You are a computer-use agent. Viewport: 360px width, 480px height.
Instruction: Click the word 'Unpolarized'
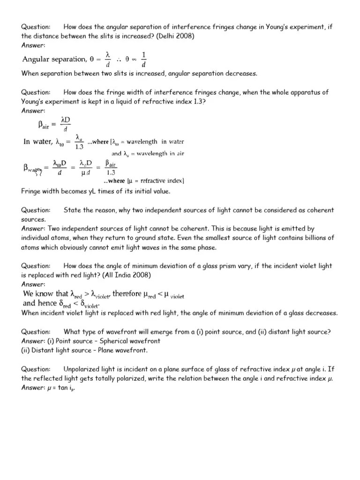tap(84, 369)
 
